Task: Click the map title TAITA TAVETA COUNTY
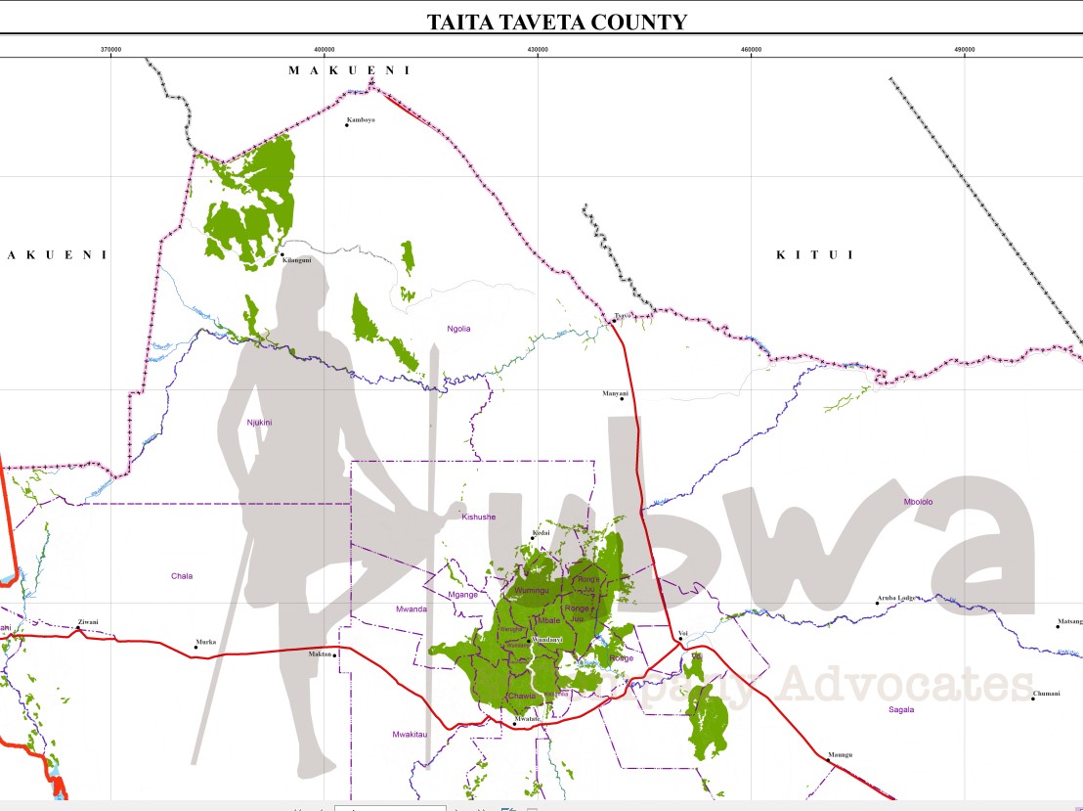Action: tap(556, 22)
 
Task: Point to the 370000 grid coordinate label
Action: tap(110, 49)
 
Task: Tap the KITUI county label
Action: tap(814, 255)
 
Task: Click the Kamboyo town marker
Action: tap(347, 125)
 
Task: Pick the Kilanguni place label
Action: tap(295, 260)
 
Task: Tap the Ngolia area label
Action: tap(458, 329)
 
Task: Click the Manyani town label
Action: tap(616, 393)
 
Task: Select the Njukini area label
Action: tap(259, 423)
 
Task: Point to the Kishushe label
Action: tap(478, 517)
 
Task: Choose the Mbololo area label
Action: tap(918, 502)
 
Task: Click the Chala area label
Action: tap(181, 576)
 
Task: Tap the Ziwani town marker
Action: tap(78, 628)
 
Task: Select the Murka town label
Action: tap(206, 642)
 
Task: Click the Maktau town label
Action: tap(320, 653)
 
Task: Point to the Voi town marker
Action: tap(680, 640)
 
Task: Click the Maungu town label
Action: tap(840, 754)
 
